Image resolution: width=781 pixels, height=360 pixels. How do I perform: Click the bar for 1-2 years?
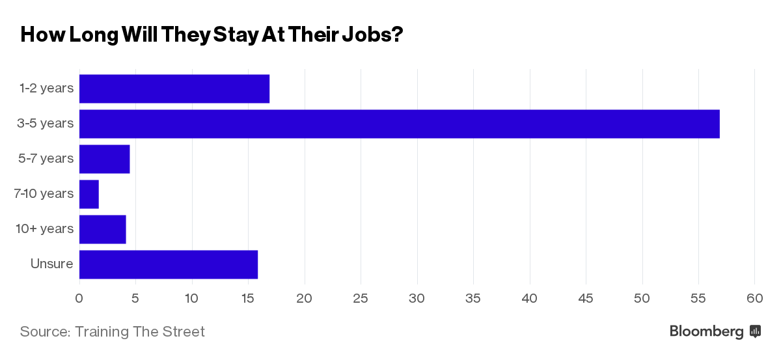pos(174,89)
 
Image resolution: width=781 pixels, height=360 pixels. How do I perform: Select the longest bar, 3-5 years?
pos(399,124)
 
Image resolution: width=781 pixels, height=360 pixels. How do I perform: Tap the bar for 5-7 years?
pos(104,159)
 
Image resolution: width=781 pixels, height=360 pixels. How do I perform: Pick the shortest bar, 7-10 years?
pos(89,194)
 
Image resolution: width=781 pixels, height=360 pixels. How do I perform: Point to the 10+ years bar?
pos(102,229)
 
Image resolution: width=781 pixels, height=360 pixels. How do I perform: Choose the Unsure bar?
pos(168,264)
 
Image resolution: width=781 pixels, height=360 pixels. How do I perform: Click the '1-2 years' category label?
pos(46,88)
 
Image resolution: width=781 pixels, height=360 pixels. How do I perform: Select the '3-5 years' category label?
pos(46,123)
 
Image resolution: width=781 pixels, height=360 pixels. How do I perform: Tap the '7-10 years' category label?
pos(44,193)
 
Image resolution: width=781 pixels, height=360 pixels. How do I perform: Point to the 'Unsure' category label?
pos(51,264)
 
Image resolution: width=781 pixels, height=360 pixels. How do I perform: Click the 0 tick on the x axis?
pos(79,298)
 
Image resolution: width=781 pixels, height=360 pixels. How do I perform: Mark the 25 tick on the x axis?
pos(361,298)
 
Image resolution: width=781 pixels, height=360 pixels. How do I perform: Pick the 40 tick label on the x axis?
pos(530,298)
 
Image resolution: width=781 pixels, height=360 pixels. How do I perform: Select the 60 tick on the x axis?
pos(754,298)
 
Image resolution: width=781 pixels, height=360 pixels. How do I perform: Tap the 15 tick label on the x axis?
pos(248,298)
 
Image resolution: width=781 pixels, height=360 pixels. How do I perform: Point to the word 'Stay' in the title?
pos(234,35)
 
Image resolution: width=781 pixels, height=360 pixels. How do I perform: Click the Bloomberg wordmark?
pos(706,331)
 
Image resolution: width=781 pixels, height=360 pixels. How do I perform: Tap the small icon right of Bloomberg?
pos(756,331)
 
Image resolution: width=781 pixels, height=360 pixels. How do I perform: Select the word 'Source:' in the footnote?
pos(45,331)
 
